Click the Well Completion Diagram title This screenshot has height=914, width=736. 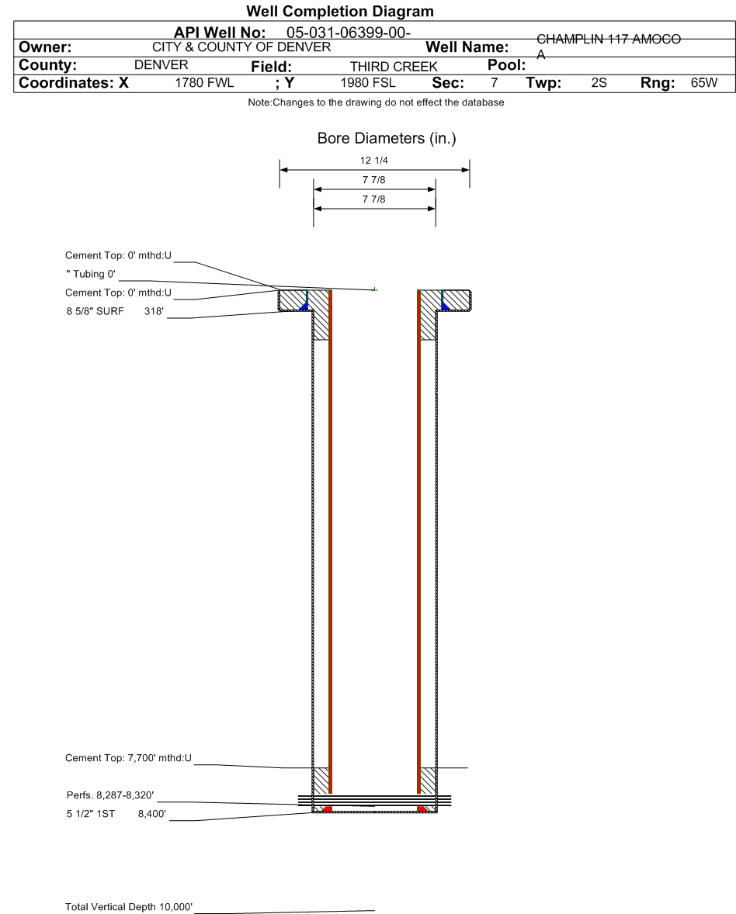tap(339, 11)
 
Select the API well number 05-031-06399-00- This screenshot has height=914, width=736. tap(348, 33)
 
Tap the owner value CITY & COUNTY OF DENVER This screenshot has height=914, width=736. tap(241, 47)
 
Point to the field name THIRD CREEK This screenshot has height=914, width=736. tap(394, 67)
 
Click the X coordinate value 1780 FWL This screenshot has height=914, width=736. tap(204, 83)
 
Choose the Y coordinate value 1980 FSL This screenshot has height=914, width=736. tap(368, 83)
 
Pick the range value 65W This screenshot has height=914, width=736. tap(704, 83)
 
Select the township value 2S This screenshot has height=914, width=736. tap(599, 83)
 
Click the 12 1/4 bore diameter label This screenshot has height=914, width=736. tap(374, 161)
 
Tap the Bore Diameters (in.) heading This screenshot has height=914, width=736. tap(387, 138)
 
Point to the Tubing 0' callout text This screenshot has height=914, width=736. tap(90, 274)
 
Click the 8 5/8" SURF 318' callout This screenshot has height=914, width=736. tap(115, 311)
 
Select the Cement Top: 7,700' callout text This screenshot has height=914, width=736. tap(128, 758)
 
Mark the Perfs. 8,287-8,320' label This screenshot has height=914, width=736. tap(110, 795)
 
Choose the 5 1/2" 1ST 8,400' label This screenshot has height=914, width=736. tap(116, 814)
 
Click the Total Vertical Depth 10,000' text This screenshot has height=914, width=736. tap(129, 906)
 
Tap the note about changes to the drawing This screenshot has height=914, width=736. tap(377, 102)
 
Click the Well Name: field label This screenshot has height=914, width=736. tap(467, 47)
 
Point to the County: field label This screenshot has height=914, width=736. tap(48, 64)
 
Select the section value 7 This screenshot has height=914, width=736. tap(494, 83)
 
